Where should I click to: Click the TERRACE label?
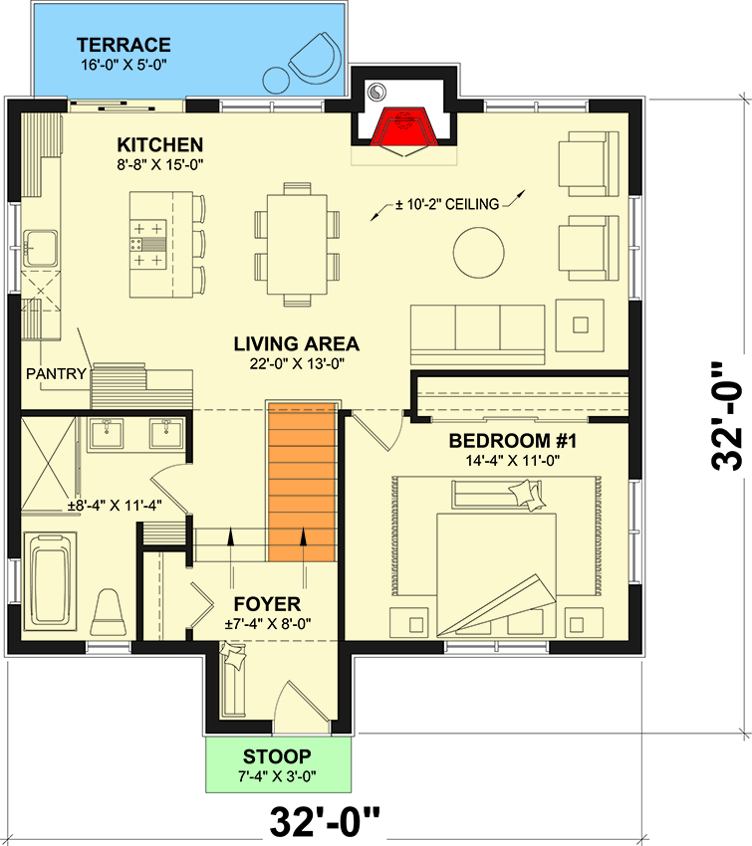click(125, 45)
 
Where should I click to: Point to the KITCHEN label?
click(159, 144)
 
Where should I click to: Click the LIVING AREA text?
click(296, 344)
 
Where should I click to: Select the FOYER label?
click(267, 604)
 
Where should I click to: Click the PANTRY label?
click(53, 374)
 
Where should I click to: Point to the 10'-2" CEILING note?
click(445, 205)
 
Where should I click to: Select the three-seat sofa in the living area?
click(478, 333)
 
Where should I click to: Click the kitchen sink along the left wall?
click(41, 246)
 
